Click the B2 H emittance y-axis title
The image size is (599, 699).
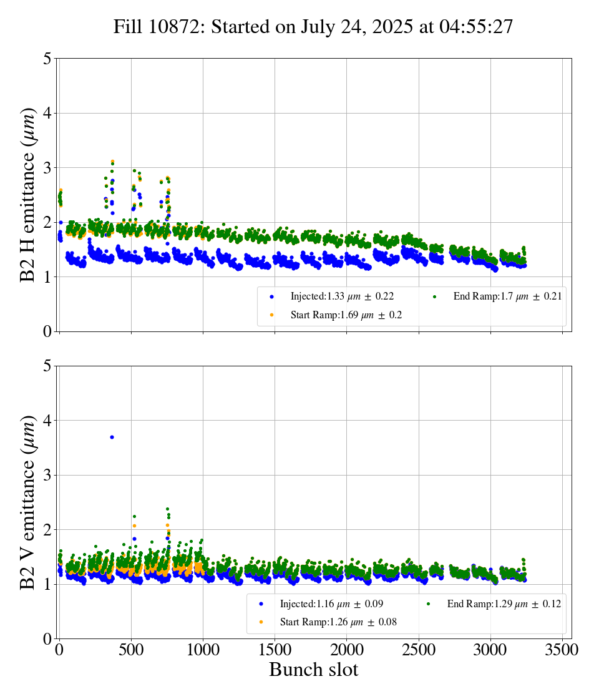pyautogui.click(x=29, y=195)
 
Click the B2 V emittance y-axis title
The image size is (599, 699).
pyautogui.click(x=29, y=502)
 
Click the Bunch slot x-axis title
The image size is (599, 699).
pyautogui.click(x=314, y=670)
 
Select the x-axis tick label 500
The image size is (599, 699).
pyautogui.click(x=131, y=650)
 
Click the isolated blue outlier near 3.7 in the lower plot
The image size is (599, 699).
pyautogui.click(x=112, y=437)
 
